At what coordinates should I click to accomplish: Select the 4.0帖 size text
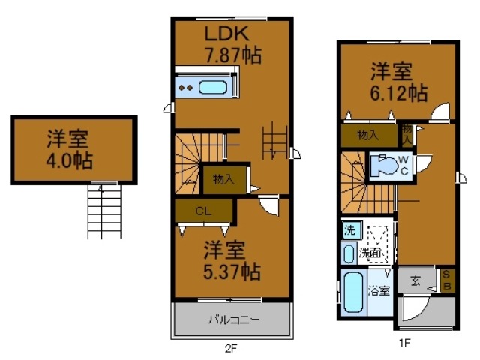point(67,160)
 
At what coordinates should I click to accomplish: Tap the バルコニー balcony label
point(233,320)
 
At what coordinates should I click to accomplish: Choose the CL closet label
point(203,211)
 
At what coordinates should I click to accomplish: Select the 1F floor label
point(404,343)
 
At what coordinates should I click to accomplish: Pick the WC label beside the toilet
point(403,164)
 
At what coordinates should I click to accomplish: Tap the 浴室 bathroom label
point(379,291)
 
